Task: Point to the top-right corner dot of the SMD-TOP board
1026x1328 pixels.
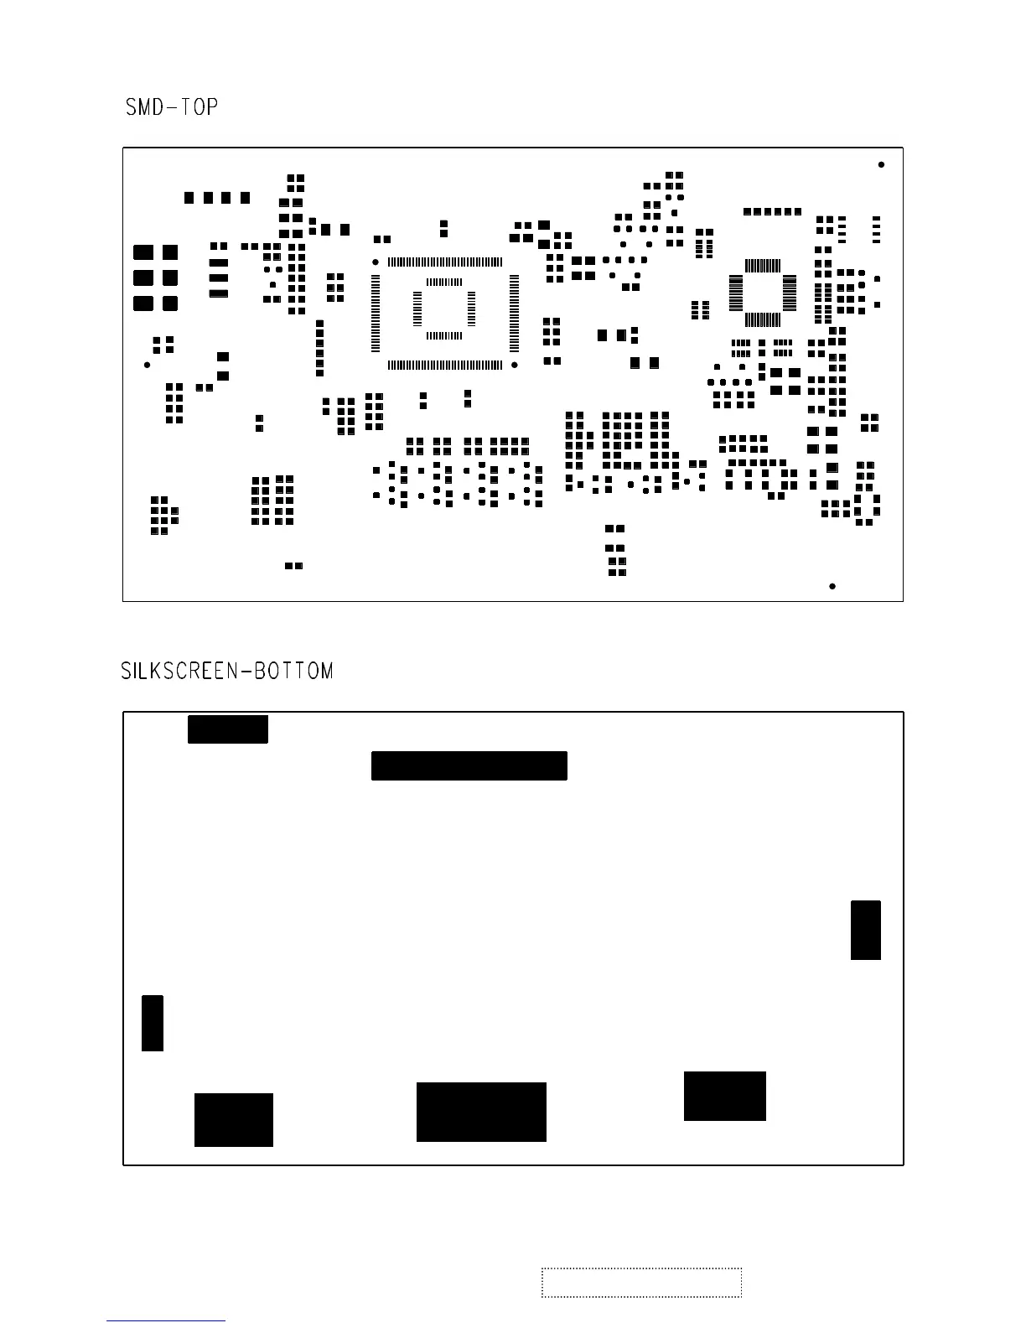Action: click(x=881, y=164)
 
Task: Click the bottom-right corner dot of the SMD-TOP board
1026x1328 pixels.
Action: click(x=832, y=586)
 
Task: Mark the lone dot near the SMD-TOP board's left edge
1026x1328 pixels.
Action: click(x=148, y=365)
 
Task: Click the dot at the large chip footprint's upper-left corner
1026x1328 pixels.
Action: click(x=376, y=262)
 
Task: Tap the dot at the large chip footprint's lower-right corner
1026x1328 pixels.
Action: click(x=515, y=365)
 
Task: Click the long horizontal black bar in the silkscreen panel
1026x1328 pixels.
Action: click(x=469, y=765)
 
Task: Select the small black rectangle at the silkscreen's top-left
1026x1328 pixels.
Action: click(x=227, y=729)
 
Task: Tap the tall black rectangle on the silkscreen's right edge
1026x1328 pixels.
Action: click(x=865, y=930)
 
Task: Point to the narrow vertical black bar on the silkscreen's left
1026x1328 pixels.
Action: click(x=152, y=1023)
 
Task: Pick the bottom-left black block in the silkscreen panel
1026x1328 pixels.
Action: click(x=233, y=1119)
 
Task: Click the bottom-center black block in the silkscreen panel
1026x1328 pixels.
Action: click(x=481, y=1112)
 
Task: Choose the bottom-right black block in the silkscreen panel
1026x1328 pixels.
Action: click(x=724, y=1096)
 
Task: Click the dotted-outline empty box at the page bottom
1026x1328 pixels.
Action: click(x=641, y=1282)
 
